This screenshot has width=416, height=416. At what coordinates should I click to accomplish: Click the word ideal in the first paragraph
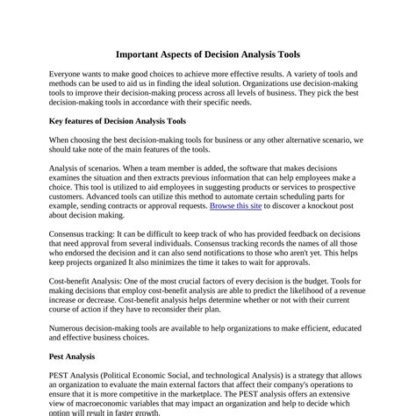(230, 88)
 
